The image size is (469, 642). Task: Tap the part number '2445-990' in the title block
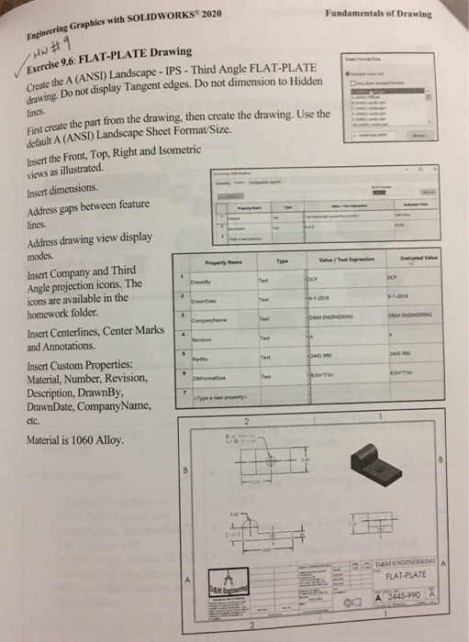click(x=402, y=594)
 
